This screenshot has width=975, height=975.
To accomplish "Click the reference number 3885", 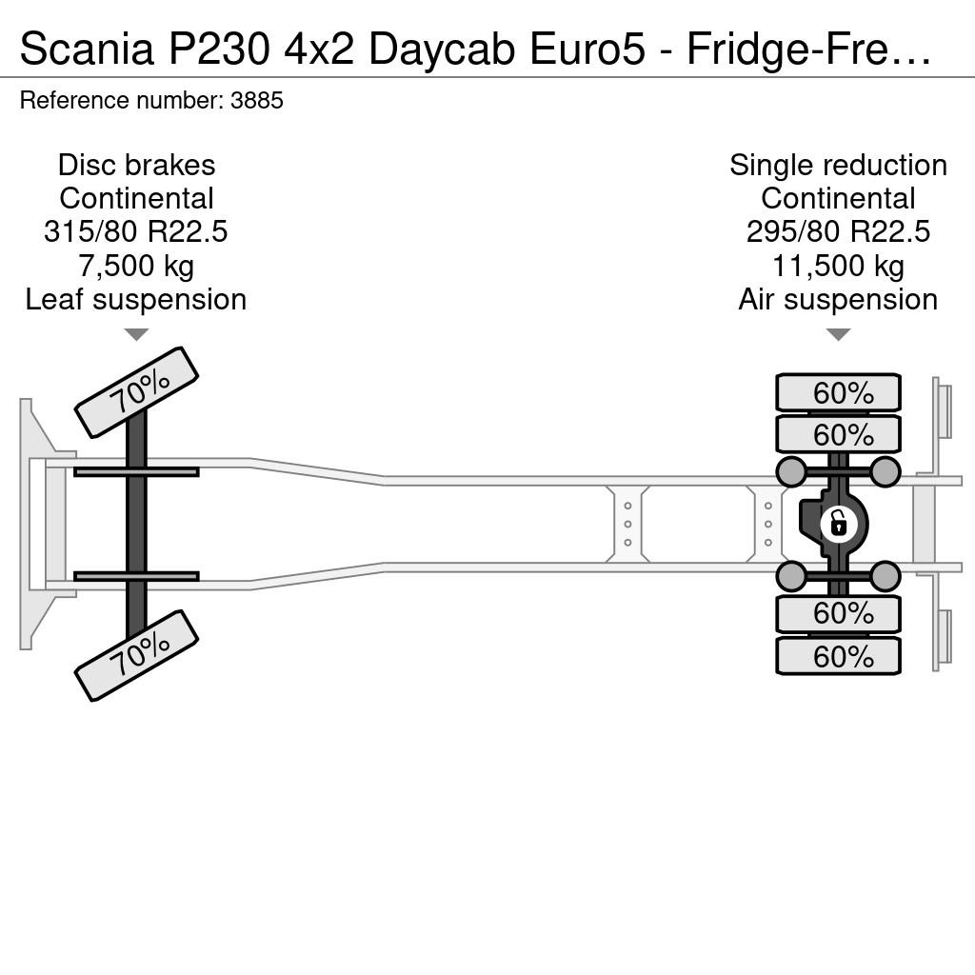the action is [257, 100].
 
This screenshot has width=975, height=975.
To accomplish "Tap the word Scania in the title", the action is [87, 49].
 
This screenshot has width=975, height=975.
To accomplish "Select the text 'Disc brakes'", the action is [137, 166].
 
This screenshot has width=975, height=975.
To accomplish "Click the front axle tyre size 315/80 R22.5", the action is [136, 232].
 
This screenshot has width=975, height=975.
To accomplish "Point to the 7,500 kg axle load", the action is [136, 267].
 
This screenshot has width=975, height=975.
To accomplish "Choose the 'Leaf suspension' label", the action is [136, 300].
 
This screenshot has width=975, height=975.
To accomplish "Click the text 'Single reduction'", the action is [838, 166].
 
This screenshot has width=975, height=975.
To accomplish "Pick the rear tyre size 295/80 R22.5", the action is [838, 232].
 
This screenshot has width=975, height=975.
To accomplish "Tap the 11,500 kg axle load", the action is [838, 267].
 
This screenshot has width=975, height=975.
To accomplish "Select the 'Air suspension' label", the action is [838, 300].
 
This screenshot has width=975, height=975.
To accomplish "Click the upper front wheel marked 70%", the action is [136, 392].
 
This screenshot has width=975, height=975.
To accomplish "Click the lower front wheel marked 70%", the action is [136, 656].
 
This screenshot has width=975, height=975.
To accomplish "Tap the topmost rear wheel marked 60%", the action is [838, 392].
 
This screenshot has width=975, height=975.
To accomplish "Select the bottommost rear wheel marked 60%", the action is [838, 656].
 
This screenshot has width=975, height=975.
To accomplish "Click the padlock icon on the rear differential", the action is [838, 525].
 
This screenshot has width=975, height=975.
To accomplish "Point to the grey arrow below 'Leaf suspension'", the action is [136, 335].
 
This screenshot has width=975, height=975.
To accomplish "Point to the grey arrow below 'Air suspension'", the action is [838, 335].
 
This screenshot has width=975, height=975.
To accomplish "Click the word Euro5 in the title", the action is [587, 49].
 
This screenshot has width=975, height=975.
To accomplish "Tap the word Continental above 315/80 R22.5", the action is [136, 199].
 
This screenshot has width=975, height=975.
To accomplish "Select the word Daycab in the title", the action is [442, 49].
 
